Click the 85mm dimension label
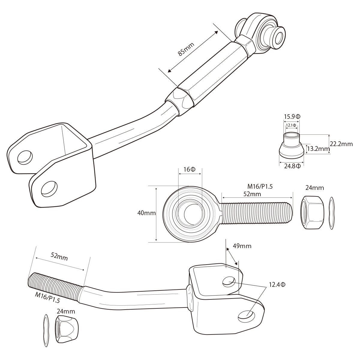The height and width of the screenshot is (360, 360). pyautogui.click(x=186, y=49)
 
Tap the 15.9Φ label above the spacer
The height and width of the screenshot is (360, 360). pyautogui.click(x=292, y=117)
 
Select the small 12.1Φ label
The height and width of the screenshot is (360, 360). pyautogui.click(x=291, y=125)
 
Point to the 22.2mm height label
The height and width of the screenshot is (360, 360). pyautogui.click(x=341, y=144)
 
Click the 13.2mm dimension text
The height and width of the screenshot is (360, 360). pyautogui.click(x=319, y=149)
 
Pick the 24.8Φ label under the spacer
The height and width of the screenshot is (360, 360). pyautogui.click(x=292, y=166)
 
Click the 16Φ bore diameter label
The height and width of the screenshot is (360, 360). pyautogui.click(x=189, y=169)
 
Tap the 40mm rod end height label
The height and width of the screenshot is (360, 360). pyautogui.click(x=146, y=213)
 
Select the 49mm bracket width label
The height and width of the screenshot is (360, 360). pyautogui.click(x=242, y=246)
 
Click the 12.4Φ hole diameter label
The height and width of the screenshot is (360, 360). pyautogui.click(x=277, y=284)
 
